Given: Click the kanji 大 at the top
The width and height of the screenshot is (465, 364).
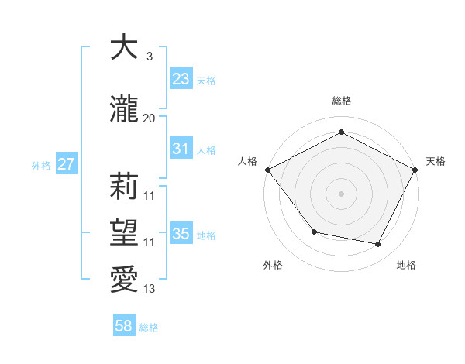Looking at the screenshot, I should [124, 47].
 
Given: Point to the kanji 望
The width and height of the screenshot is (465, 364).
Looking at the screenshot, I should [124, 232].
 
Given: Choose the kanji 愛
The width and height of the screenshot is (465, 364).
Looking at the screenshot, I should [124, 280].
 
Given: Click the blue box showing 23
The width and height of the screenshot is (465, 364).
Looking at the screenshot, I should [181, 79].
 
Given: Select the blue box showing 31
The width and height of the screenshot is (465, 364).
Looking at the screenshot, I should [181, 149].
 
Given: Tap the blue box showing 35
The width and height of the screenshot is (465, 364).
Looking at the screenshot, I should [181, 234].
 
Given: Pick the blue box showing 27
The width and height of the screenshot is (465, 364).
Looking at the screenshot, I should [66, 164].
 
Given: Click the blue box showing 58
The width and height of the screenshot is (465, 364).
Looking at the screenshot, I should [124, 327].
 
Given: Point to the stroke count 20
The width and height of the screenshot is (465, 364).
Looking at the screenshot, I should [150, 118].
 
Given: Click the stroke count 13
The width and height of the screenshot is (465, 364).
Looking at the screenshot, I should [150, 289].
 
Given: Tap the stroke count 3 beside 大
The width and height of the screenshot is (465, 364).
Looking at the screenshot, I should [149, 57].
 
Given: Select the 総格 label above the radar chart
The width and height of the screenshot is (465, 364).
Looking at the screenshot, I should [342, 101].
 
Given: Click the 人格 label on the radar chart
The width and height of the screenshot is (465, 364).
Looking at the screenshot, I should [248, 161].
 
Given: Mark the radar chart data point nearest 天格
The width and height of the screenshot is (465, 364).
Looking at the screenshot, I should [416, 170].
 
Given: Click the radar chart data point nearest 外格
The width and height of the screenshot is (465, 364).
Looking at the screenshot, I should [314, 232].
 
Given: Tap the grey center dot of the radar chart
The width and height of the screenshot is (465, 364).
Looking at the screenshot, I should [342, 193].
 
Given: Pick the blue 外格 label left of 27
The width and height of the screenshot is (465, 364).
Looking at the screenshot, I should [41, 165].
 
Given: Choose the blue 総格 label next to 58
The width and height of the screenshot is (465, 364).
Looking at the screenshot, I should [149, 328].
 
